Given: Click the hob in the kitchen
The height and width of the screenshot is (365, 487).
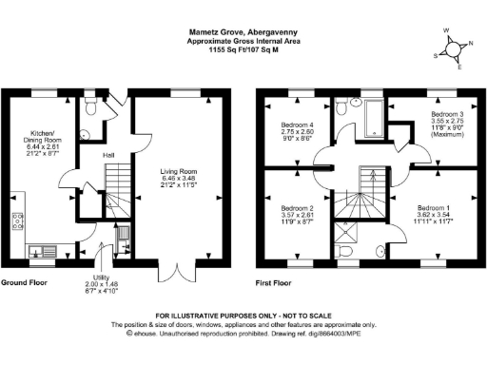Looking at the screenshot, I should coord(16,222).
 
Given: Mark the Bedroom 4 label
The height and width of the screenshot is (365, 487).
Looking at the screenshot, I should coord(297,132).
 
